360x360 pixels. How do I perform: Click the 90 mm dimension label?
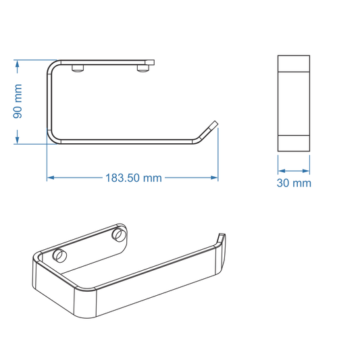[x=18, y=101]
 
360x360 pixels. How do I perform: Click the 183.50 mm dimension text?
[x=133, y=178]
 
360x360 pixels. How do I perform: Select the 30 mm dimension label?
[x=294, y=183]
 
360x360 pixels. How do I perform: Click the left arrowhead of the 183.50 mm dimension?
[x=51, y=178]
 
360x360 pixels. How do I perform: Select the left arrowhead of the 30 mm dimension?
[x=282, y=170]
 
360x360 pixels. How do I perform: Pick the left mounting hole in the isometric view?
[x=59, y=255]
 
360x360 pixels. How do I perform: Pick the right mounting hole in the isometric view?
[x=119, y=234]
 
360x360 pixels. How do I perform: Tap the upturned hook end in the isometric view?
[x=221, y=238]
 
